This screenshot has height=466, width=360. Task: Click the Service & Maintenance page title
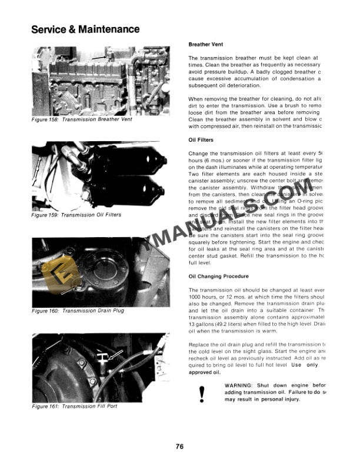click(85, 29)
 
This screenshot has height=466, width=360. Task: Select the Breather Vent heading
click(205, 44)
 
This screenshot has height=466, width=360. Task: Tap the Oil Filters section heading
click(201, 140)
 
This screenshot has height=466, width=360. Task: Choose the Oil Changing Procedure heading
click(219, 276)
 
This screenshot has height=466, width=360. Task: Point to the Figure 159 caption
click(76, 215)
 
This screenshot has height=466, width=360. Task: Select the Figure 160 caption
click(78, 310)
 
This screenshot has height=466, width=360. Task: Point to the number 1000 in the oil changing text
click(196, 298)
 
